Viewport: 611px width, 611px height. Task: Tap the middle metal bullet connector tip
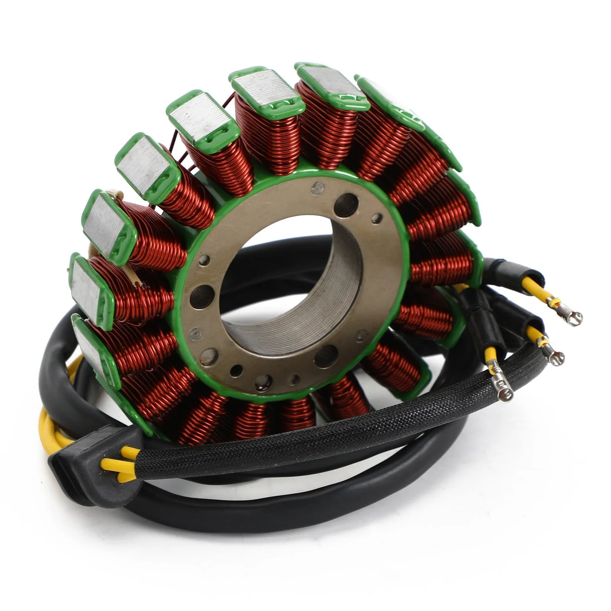(555, 357)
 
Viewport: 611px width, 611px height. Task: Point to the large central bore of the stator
(290, 283)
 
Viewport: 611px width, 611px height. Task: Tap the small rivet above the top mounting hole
(318, 187)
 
